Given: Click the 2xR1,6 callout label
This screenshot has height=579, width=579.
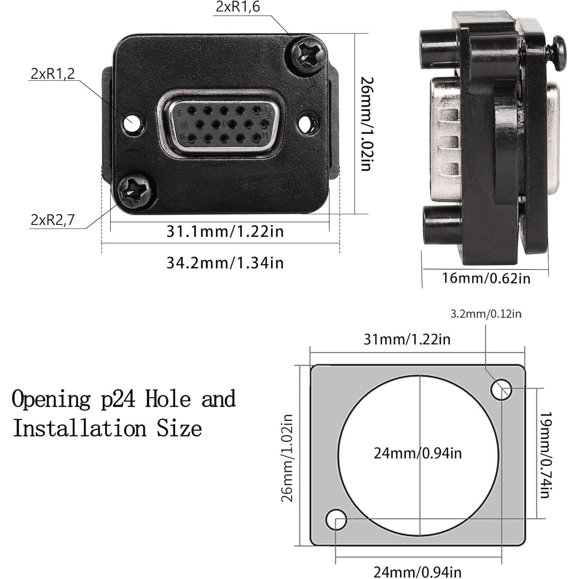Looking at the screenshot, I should point(238,7).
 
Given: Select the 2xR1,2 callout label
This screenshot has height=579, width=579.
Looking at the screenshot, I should point(53,73).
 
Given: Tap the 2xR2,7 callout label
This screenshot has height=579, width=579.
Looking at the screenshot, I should point(53,220).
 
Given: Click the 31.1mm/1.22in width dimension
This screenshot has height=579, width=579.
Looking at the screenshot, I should point(225,232).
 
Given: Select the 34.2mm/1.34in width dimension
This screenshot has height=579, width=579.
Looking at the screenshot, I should point(225,263).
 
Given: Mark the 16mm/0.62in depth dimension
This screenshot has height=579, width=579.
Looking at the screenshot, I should point(486,278).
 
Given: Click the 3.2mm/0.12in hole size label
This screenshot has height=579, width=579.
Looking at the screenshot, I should point(486,314).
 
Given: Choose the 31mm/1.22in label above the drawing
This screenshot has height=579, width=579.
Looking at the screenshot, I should point(407,339).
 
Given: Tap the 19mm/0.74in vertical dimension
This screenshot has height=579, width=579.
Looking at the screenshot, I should point(545,455).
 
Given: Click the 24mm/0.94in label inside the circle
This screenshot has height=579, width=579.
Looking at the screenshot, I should point(418,453).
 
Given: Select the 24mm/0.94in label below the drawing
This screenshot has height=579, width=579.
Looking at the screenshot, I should point(418,572).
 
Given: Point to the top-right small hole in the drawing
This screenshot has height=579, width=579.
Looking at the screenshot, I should point(501,389).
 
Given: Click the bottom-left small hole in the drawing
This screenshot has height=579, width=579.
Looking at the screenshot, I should point(336,520).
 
